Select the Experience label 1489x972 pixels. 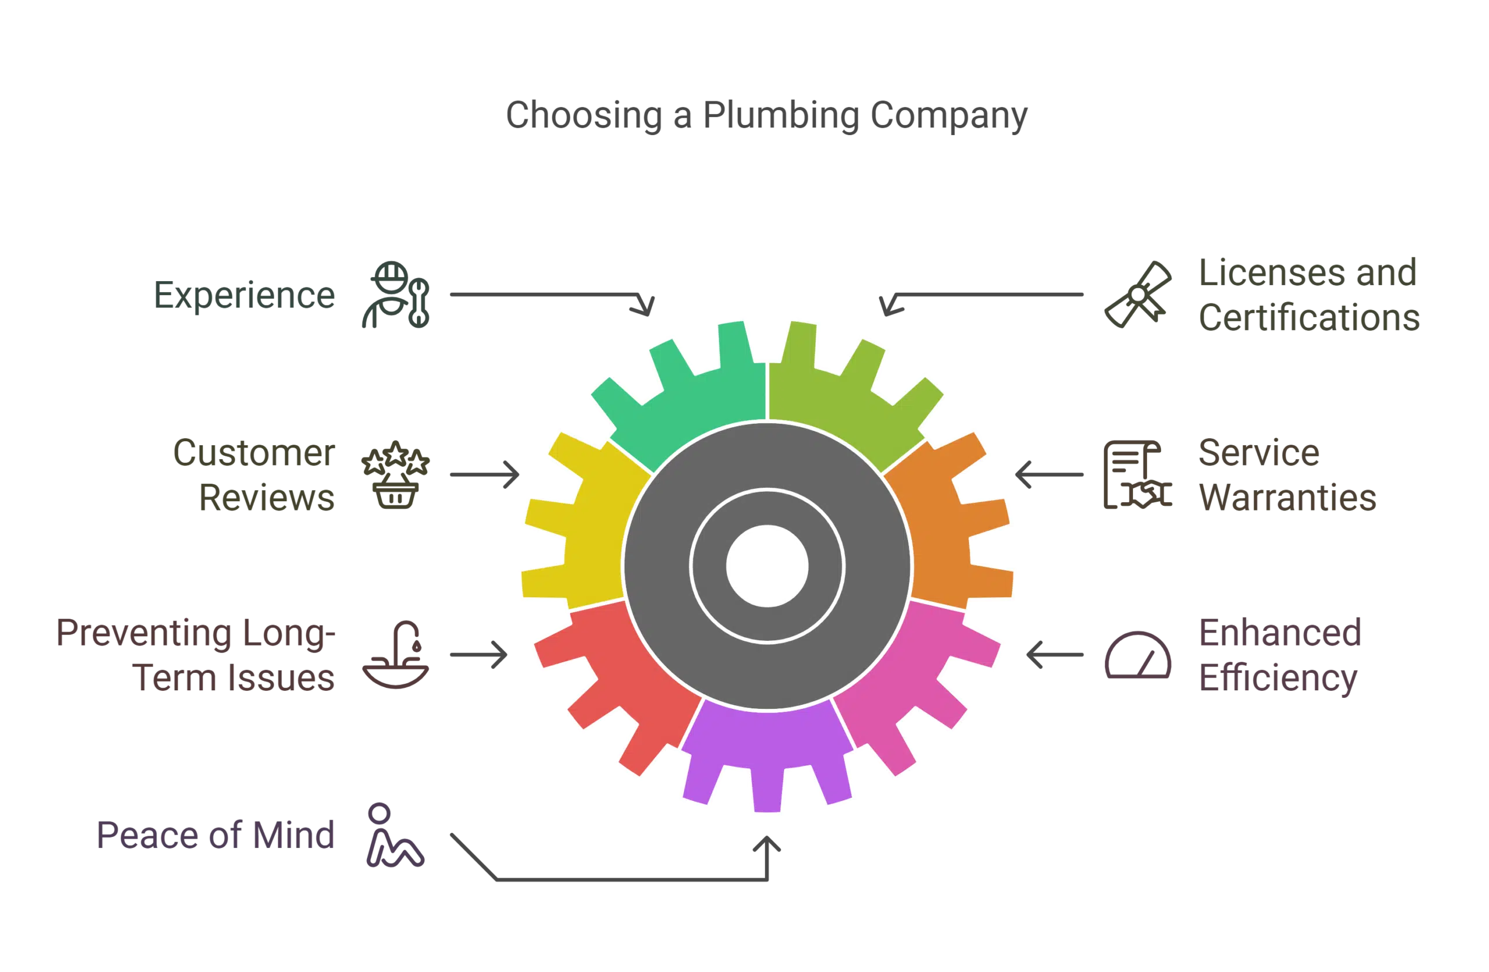tap(244, 296)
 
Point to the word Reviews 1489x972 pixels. tap(267, 498)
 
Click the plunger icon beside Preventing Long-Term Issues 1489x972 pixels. tap(396, 656)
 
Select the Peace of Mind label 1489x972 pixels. tap(216, 836)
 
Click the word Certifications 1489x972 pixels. tap(1309, 318)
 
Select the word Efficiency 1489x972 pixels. tap(1279, 679)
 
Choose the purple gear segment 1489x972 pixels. tap(767, 751)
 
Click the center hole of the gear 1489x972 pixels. tap(767, 566)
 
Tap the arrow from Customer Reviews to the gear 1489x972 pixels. tap(485, 474)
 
